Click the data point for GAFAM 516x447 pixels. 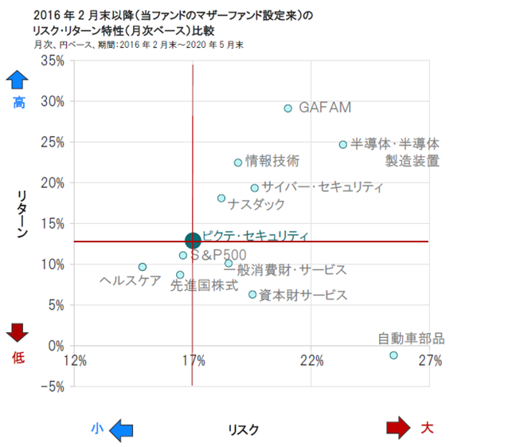(x=288, y=108)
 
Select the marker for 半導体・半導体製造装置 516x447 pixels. (x=343, y=145)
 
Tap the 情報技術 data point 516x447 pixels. (x=238, y=163)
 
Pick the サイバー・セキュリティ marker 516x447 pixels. (x=255, y=188)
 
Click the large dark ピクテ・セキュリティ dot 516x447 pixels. (x=193, y=241)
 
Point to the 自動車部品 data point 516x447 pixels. (x=393, y=355)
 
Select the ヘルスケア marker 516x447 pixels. (x=143, y=267)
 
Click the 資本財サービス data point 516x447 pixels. (x=252, y=295)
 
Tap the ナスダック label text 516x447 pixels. (x=256, y=205)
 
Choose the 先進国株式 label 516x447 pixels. (x=204, y=285)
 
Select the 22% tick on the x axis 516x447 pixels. (x=311, y=360)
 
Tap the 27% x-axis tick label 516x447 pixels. (x=430, y=360)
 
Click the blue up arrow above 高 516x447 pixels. (x=18, y=80)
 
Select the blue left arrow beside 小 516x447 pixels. (x=120, y=430)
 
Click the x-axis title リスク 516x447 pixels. (x=243, y=429)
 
